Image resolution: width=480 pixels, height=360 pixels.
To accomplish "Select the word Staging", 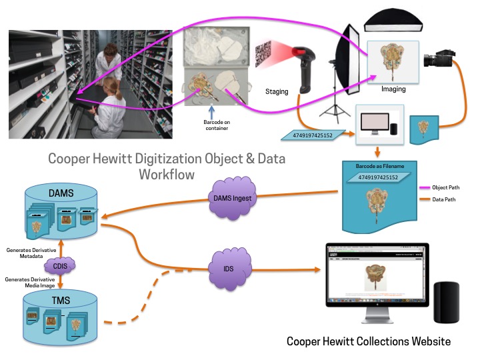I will point(277,92).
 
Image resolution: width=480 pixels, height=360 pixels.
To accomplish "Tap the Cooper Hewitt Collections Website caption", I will point(369,341).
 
